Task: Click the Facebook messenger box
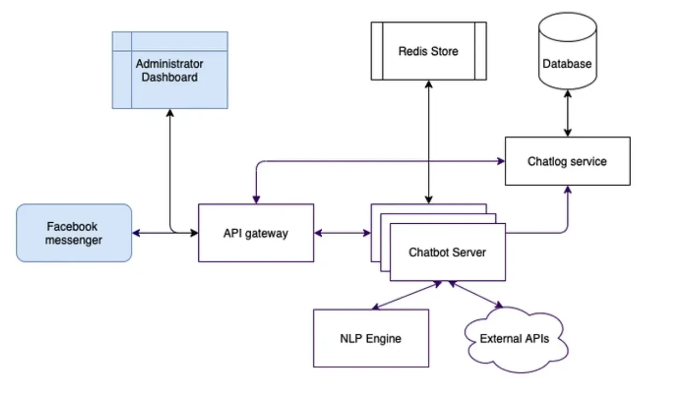pyautogui.click(x=74, y=233)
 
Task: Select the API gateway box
pyautogui.click(x=256, y=233)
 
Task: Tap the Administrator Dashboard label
pyautogui.click(x=169, y=70)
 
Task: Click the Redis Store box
pyautogui.click(x=429, y=51)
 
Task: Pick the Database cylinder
pyautogui.click(x=567, y=59)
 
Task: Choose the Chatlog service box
pyautogui.click(x=567, y=161)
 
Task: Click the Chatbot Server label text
pyautogui.click(x=447, y=252)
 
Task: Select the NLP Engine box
pyautogui.click(x=371, y=338)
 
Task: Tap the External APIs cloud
pyautogui.click(x=515, y=339)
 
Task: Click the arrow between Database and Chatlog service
pyautogui.click(x=567, y=113)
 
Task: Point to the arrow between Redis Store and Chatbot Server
pyautogui.click(x=428, y=142)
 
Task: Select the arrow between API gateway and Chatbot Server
pyautogui.click(x=342, y=233)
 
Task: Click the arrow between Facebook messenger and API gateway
pyautogui.click(x=165, y=233)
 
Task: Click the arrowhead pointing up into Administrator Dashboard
pyautogui.click(x=170, y=112)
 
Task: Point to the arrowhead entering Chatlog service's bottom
pyautogui.click(x=567, y=189)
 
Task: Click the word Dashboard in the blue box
pyautogui.click(x=169, y=77)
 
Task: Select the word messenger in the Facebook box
pyautogui.click(x=74, y=240)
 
